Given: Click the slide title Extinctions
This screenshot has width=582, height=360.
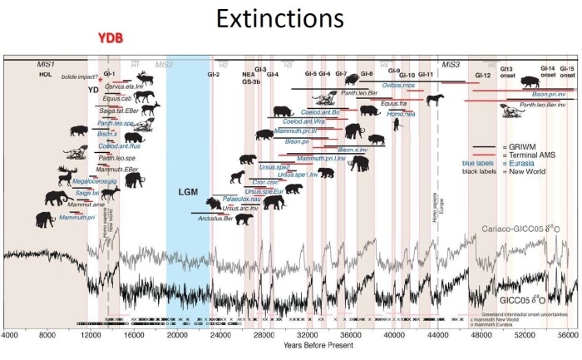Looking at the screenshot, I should pos(290,18).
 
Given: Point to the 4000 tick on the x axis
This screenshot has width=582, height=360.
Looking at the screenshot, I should pos(9,334).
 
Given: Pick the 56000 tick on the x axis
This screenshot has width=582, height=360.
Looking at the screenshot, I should pos(567,334).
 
